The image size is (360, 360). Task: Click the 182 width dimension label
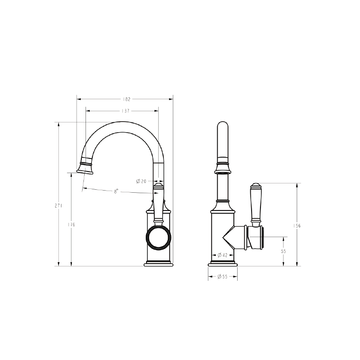[126, 99]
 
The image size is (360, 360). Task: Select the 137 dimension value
[125, 111]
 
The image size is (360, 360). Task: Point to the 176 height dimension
[71, 224]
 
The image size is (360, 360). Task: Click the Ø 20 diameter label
[141, 181]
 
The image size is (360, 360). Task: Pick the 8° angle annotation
[116, 191]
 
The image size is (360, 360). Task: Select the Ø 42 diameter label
[222, 255]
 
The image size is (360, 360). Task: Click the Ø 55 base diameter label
[222, 277]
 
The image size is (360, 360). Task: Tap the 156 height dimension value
[297, 226]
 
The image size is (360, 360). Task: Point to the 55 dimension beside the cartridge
[283, 251]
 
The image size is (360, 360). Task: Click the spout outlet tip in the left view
[85, 171]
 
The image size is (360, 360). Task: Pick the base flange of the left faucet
[158, 264]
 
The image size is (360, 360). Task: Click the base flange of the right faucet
[222, 264]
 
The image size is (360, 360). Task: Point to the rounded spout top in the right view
[222, 127]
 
